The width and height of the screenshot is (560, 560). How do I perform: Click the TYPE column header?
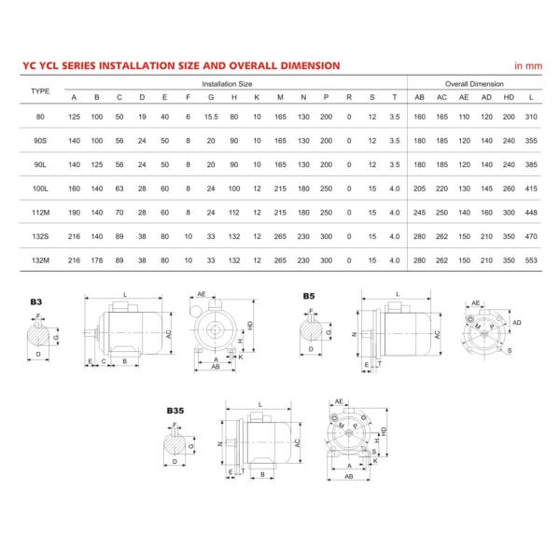click(40, 91)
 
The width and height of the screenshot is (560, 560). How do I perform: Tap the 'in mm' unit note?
click(528, 66)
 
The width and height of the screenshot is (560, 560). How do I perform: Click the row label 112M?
click(40, 213)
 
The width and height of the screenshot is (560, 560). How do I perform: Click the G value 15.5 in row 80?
click(212, 116)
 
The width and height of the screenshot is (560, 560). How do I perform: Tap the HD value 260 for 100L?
click(509, 189)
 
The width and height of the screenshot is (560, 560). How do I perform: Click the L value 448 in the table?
click(531, 213)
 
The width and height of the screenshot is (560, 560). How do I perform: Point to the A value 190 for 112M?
click(74, 213)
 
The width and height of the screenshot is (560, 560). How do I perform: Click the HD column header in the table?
click(509, 98)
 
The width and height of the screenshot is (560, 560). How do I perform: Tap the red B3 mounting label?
click(35, 303)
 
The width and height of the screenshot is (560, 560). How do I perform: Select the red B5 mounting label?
click(309, 296)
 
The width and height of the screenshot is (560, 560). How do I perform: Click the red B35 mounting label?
click(175, 410)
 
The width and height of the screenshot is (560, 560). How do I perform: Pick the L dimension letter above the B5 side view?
click(398, 293)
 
